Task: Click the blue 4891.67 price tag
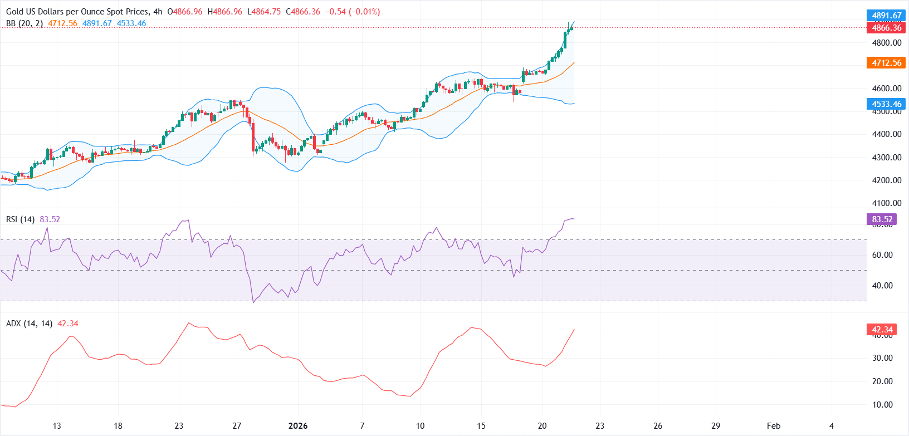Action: (x=886, y=16)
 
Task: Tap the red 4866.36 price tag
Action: (x=886, y=27)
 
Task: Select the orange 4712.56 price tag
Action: (x=886, y=63)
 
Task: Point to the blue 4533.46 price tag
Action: (x=886, y=104)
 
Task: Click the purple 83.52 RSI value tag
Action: (x=882, y=219)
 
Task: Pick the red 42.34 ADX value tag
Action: (x=882, y=330)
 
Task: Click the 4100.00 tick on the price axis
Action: (x=886, y=203)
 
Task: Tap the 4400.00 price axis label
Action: (x=886, y=134)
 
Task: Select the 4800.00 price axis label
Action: (x=886, y=43)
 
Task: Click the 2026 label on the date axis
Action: (x=298, y=426)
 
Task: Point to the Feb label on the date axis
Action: (x=773, y=426)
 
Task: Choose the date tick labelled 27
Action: (x=237, y=426)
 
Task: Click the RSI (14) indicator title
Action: (x=20, y=219)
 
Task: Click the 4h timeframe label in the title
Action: (x=158, y=12)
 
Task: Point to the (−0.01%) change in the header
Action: (x=364, y=12)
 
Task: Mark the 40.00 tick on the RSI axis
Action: (x=882, y=286)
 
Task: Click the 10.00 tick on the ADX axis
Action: (x=882, y=405)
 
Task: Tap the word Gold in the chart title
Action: (x=15, y=12)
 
